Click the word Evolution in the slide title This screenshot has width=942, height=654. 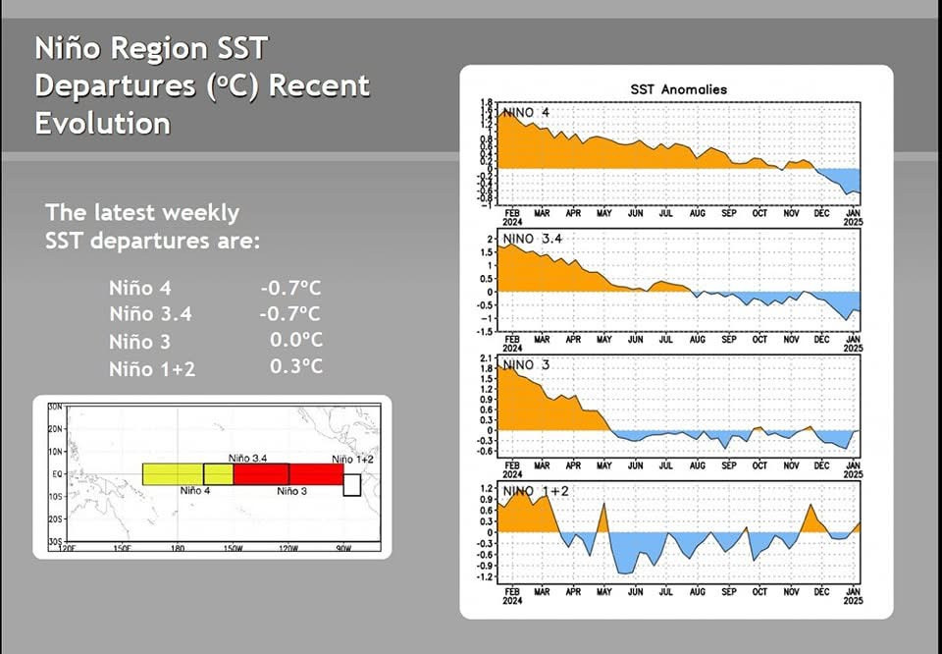[x=102, y=124]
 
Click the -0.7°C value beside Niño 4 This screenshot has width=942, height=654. [x=290, y=289]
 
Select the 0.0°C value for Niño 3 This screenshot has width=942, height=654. [x=296, y=341]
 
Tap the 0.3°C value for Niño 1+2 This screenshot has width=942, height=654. [x=296, y=367]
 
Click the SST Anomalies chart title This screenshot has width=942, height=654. [x=678, y=89]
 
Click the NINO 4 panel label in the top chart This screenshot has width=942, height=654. [x=527, y=113]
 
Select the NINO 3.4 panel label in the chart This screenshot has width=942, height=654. [x=534, y=239]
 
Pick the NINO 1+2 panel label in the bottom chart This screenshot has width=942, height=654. [x=535, y=490]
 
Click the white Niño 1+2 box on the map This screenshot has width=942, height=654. [x=352, y=484]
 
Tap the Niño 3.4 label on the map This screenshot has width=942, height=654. [x=248, y=459]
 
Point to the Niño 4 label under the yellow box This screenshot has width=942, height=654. [x=195, y=490]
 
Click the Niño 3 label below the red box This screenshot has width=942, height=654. [x=291, y=490]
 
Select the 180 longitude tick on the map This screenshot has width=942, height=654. [x=177, y=548]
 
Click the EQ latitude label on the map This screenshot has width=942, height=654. [x=55, y=474]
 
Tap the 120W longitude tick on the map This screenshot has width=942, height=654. [x=288, y=548]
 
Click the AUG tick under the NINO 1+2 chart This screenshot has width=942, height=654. [x=698, y=592]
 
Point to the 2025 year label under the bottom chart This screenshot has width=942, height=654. [x=853, y=601]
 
